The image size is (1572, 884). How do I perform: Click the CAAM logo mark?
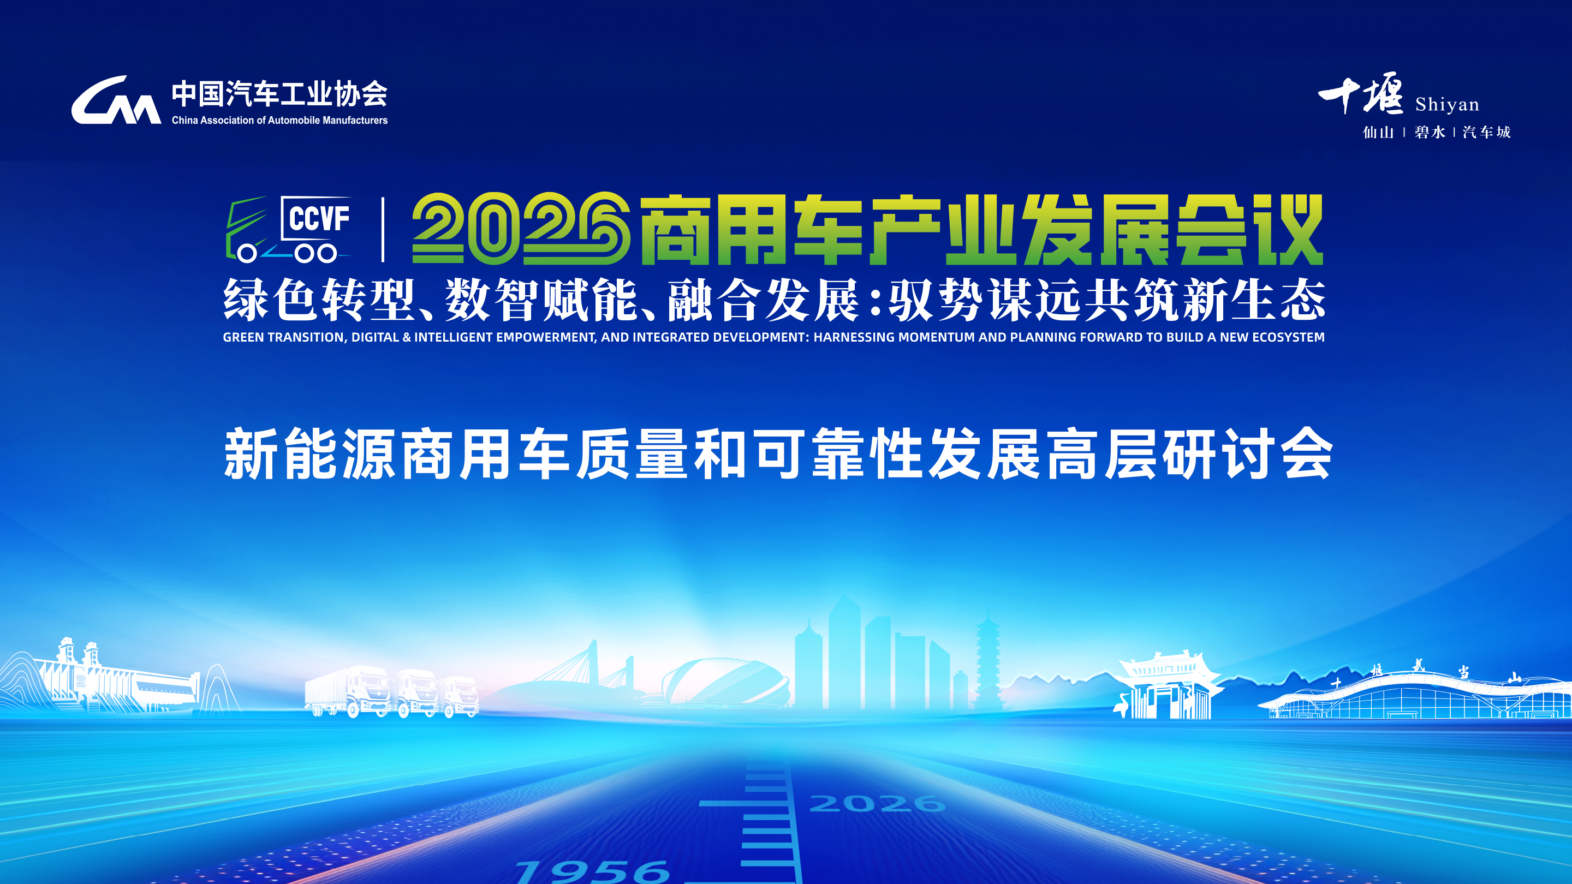(116, 100)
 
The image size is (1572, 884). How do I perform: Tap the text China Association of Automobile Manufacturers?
(279, 120)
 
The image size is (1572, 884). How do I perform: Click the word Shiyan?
(1447, 104)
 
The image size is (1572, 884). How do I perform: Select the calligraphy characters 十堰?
(1361, 93)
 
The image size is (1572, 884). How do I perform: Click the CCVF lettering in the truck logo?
(319, 218)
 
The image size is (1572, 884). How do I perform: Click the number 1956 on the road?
(592, 870)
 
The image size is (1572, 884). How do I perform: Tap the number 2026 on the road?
(877, 803)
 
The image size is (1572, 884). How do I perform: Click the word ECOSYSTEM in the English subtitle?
(1288, 337)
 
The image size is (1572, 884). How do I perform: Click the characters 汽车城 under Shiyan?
(1486, 132)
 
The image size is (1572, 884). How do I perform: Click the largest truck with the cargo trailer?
(348, 691)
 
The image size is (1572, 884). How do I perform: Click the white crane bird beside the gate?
(1122, 704)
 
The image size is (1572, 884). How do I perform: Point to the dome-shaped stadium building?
(725, 682)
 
